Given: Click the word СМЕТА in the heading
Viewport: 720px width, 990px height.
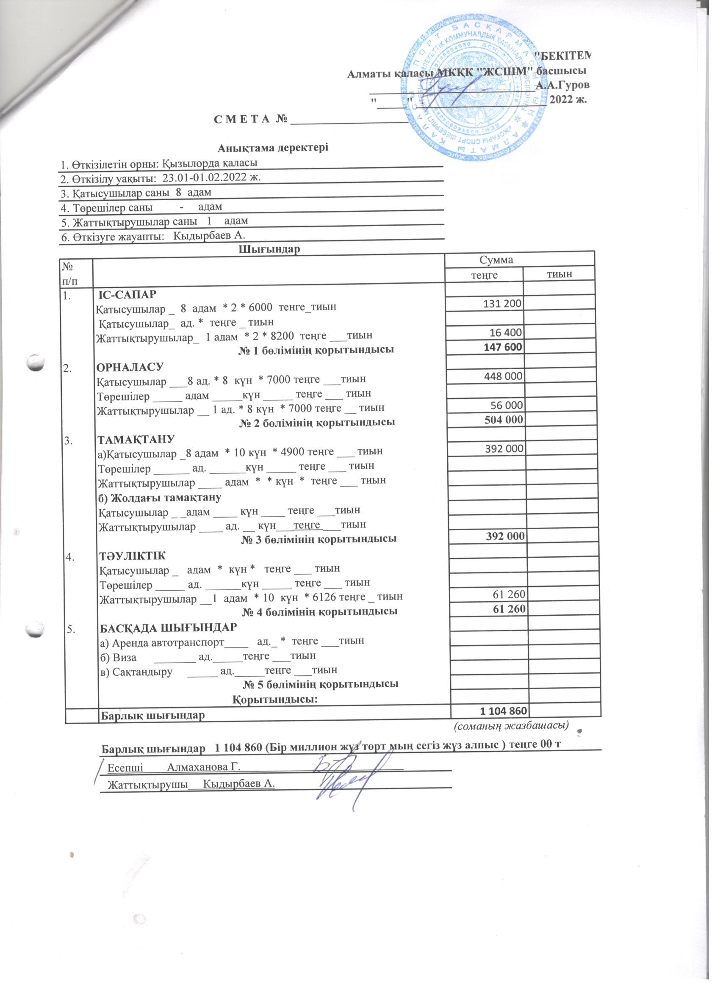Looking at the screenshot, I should [x=244, y=119].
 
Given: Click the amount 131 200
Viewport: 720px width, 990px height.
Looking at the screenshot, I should [x=503, y=303].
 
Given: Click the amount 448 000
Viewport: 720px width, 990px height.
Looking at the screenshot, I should [x=503, y=376].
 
